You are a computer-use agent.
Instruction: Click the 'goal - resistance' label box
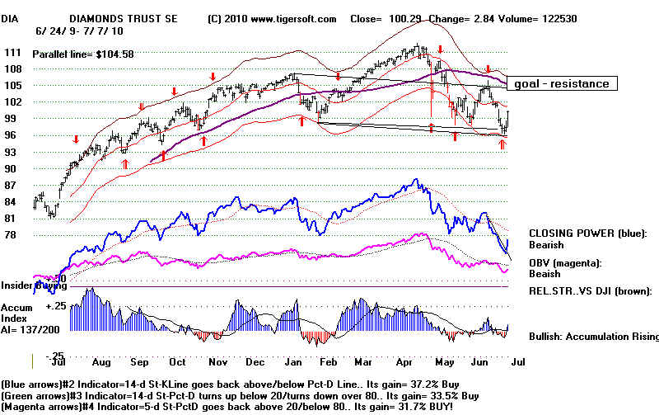pyautogui.click(x=561, y=83)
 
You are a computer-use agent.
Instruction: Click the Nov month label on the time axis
pyautogui.click(x=217, y=362)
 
